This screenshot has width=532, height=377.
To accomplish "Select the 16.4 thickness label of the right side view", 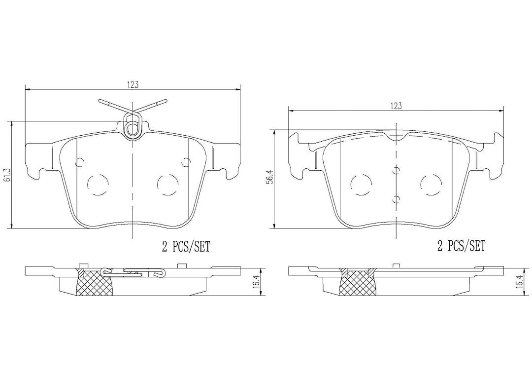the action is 518,282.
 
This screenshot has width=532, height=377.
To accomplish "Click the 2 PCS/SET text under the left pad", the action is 186,246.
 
